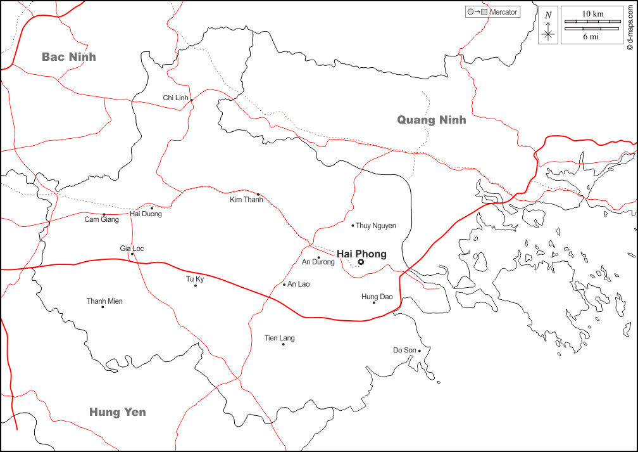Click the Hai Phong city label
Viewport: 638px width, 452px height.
click(361, 254)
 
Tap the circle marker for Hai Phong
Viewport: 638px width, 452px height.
click(361, 262)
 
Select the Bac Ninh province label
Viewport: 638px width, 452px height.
click(69, 57)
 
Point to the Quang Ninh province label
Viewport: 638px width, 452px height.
click(431, 120)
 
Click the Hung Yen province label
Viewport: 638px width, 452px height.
click(117, 412)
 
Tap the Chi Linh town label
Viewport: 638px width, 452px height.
click(176, 98)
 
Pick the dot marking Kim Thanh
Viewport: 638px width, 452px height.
click(258, 194)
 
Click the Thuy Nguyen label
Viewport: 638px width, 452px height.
click(376, 226)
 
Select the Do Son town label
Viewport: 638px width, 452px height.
click(405, 350)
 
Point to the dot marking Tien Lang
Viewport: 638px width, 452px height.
click(284, 344)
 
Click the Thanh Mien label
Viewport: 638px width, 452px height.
click(104, 301)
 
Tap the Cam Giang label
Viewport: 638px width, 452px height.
click(101, 220)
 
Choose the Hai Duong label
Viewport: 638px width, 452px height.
click(146, 214)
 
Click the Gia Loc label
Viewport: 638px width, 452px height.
click(132, 249)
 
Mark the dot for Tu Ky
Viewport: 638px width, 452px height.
click(196, 285)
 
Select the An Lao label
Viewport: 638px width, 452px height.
click(299, 284)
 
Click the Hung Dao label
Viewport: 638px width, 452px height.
click(377, 297)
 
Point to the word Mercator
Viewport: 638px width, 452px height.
click(504, 12)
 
